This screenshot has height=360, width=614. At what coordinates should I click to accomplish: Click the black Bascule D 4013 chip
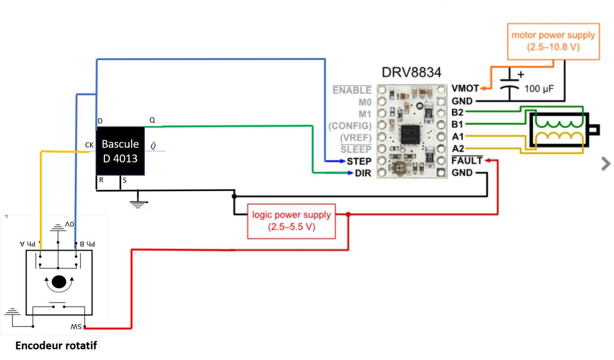(120, 151)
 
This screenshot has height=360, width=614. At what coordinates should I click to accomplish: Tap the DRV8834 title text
(411, 72)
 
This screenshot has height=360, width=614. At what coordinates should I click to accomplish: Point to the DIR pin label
(363, 173)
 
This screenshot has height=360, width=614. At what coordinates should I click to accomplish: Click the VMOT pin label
(465, 89)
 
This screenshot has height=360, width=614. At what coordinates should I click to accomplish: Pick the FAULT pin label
(467, 161)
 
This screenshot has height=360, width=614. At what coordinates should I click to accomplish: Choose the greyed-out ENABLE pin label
(352, 90)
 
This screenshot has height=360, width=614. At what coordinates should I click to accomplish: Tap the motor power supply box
(553, 41)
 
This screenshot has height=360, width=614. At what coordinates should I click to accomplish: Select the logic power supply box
(291, 221)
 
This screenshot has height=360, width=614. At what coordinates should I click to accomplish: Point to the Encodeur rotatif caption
(56, 345)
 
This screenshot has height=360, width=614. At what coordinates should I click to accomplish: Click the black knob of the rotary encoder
(59, 281)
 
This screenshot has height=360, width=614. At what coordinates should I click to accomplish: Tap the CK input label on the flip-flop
(89, 144)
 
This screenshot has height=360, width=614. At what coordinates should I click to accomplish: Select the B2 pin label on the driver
(458, 113)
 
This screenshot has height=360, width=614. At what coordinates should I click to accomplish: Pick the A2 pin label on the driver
(458, 149)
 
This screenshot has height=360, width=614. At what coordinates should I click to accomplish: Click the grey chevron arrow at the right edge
(606, 164)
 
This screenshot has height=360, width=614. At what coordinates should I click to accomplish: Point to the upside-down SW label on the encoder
(77, 326)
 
